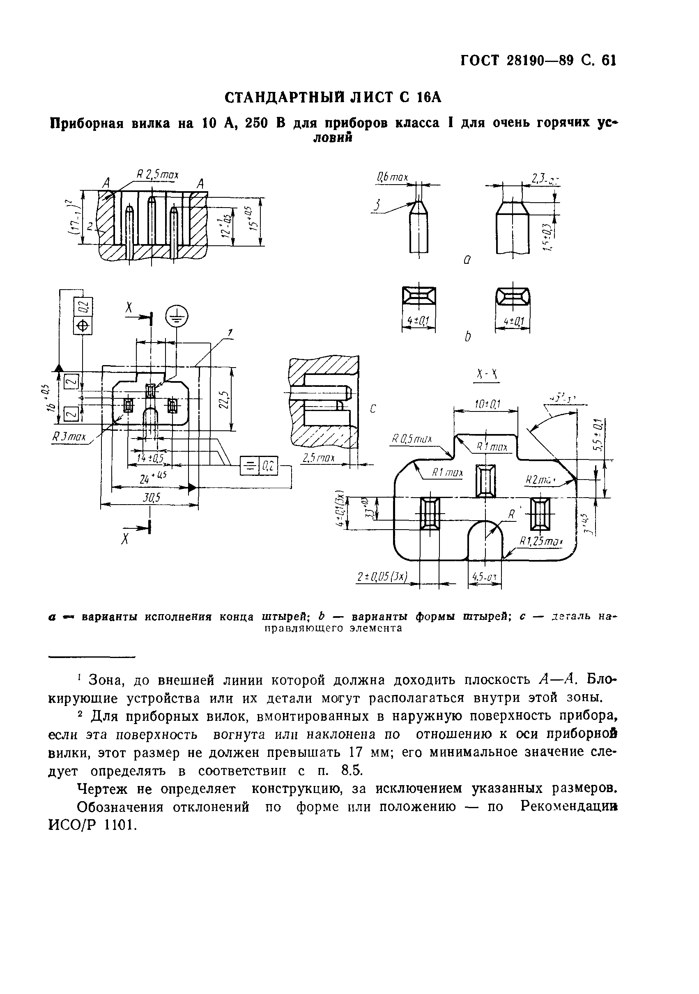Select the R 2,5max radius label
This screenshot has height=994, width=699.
(x=157, y=175)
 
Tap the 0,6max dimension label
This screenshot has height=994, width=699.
(x=392, y=177)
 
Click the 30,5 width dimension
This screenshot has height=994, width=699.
(x=152, y=498)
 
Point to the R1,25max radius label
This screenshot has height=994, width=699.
(x=540, y=542)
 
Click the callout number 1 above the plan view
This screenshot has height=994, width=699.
(x=230, y=332)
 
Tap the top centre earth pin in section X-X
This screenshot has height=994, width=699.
(x=486, y=480)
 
